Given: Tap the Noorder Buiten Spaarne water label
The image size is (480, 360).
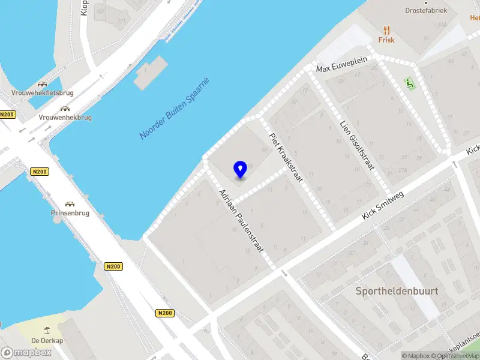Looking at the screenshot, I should tap(175, 109).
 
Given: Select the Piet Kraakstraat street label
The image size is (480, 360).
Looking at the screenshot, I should tap(286, 157).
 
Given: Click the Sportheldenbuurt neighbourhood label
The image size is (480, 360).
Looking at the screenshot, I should tap(397, 291).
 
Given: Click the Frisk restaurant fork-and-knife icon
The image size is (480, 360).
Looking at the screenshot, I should tap(386, 29).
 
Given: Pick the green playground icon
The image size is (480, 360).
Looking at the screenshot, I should tap(411, 83).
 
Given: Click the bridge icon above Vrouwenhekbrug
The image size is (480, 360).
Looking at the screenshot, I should tap(65, 109).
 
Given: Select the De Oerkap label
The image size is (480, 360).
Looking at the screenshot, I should tap(47, 341).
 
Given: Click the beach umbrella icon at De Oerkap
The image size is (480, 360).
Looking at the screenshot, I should tap(47, 330).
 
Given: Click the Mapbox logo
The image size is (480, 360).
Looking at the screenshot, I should tap(26, 353).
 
